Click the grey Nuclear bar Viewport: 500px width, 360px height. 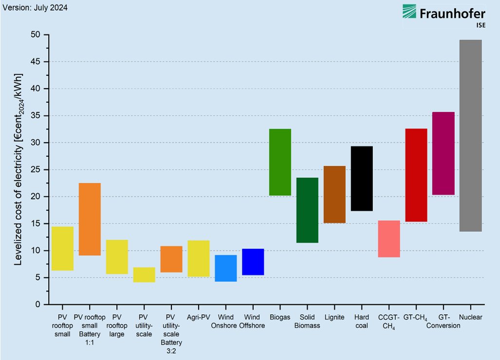[x=471, y=135]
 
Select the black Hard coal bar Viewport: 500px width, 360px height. [x=362, y=178]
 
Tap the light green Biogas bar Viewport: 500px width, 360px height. [x=280, y=162]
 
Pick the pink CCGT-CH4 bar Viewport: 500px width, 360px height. [x=389, y=239]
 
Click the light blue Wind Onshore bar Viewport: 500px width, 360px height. [x=226, y=268]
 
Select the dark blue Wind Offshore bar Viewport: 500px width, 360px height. [x=253, y=262]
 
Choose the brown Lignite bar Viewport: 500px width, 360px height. [x=334, y=194]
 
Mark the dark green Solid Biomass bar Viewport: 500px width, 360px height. [x=307, y=210]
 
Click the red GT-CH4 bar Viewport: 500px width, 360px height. [x=416, y=175]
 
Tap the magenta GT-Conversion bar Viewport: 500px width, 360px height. [x=444, y=153]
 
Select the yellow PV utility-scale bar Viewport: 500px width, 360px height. [x=144, y=275]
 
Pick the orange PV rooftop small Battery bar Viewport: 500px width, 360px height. [x=90, y=219]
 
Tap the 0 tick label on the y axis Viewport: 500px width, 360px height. [x=37, y=304]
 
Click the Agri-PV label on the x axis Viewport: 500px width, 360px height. [x=198, y=317]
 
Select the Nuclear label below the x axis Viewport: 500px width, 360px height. [x=470, y=317]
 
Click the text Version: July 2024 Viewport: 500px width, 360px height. [x=35, y=7]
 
